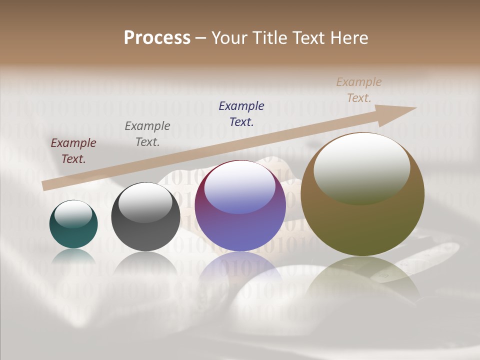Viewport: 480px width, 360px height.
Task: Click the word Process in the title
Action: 157,38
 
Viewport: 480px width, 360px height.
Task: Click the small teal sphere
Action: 73,233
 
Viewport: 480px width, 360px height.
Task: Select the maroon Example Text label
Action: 73,151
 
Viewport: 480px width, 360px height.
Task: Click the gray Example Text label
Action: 147,134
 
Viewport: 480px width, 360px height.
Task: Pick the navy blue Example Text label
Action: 241,113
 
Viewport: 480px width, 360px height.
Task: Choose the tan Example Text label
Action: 359,90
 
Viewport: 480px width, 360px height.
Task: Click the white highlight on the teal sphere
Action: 73,214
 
